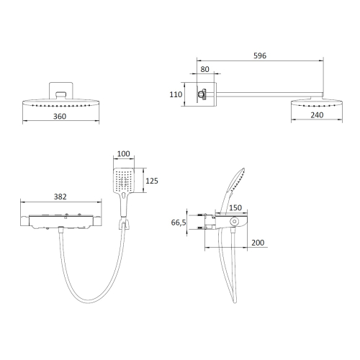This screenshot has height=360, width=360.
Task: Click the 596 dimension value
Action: [260, 55]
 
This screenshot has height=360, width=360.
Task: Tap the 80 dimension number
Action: [204, 69]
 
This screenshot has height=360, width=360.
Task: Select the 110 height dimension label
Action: [176, 94]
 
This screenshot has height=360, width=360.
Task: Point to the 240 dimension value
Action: [317, 115]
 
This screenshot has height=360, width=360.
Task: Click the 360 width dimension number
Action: [60, 117]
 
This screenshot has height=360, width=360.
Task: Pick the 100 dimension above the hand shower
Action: [123, 153]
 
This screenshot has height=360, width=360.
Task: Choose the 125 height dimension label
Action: [152, 181]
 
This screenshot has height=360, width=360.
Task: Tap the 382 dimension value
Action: [60, 197]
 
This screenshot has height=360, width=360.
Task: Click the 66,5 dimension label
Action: [179, 222]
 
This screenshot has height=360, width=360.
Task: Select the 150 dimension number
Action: [235, 207]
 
